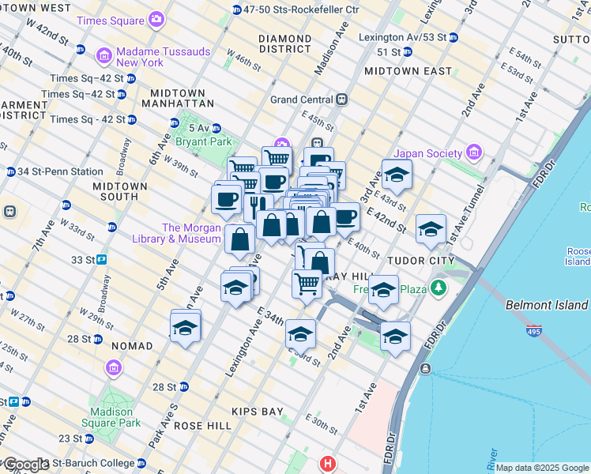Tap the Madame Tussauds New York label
point(162,57)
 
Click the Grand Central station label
point(303,100)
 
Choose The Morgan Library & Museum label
point(191,233)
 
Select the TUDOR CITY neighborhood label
point(420,260)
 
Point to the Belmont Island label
point(547,305)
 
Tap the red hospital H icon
point(327,463)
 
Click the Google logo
point(25,465)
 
